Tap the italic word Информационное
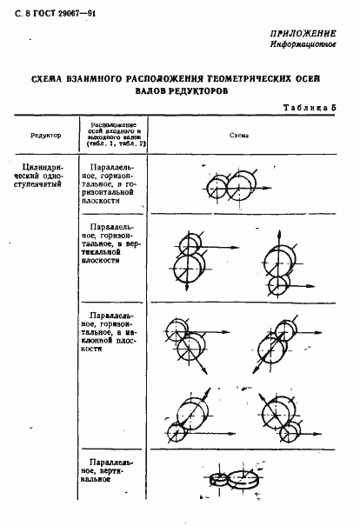point(308,43)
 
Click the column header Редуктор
point(44,136)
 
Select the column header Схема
point(240,136)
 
